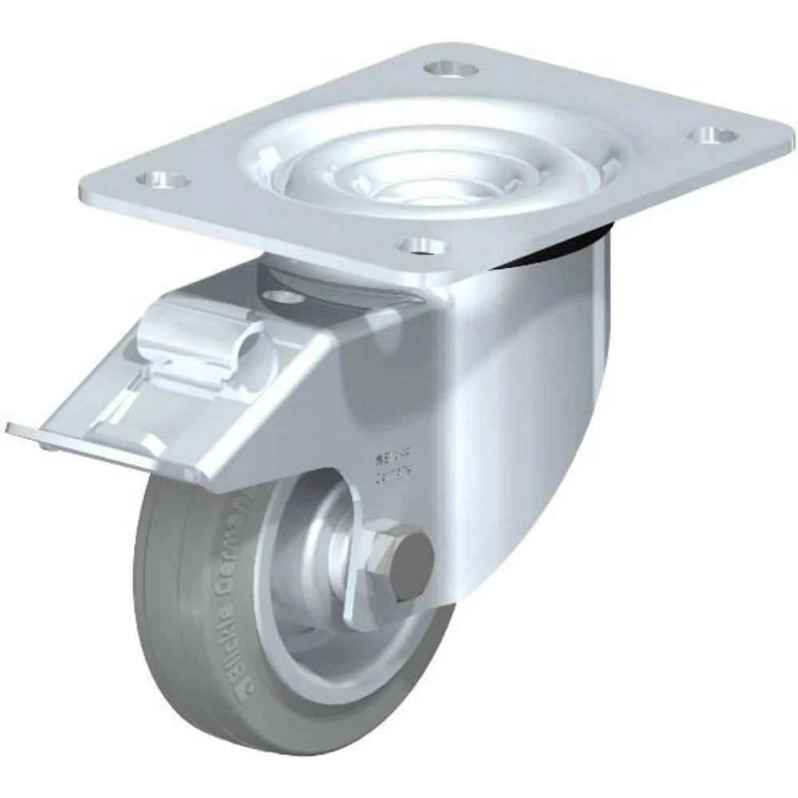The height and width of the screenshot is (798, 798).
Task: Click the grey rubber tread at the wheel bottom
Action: coord(263,738)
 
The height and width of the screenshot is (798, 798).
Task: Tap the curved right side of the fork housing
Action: coord(543,399)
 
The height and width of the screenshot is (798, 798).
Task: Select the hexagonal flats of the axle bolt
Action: coord(383,559)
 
